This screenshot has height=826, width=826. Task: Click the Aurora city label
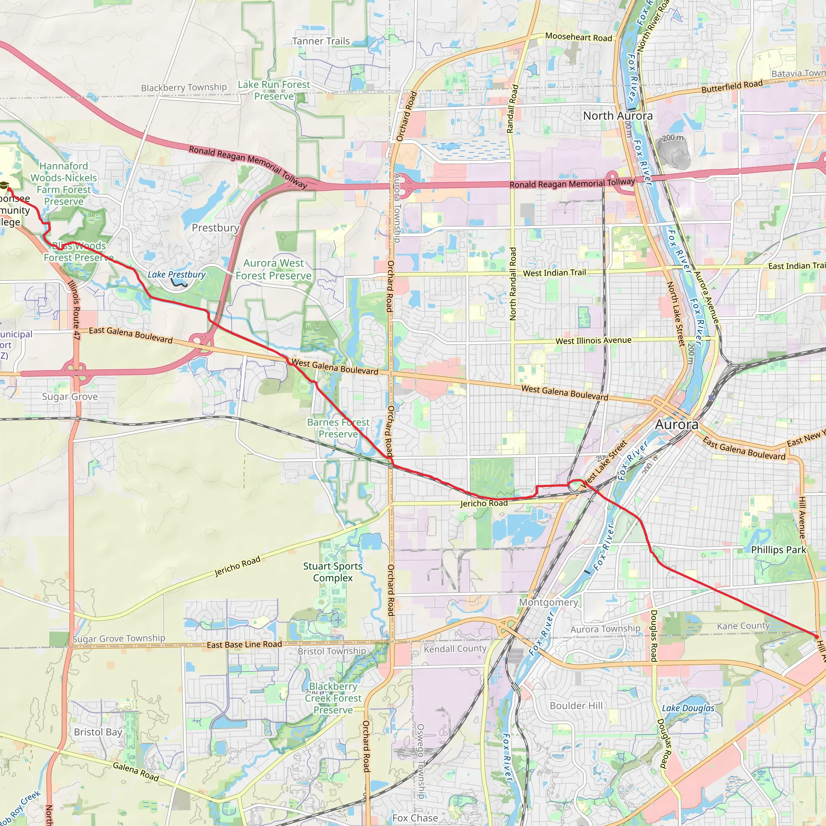tap(676, 425)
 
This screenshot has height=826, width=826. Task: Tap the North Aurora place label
tap(617, 116)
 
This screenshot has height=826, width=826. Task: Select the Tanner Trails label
tap(321, 42)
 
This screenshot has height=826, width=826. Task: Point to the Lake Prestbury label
tap(177, 275)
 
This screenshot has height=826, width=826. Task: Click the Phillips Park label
tap(778, 550)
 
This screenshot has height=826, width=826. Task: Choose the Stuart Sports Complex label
tap(333, 572)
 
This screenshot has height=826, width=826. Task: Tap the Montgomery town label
tap(549, 603)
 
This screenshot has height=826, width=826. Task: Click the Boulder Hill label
tap(576, 705)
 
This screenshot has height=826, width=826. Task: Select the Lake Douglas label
tap(688, 708)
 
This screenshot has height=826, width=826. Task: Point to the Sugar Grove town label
tap(70, 397)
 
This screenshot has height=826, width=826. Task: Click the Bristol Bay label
tap(98, 732)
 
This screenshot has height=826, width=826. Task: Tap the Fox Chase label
tap(415, 818)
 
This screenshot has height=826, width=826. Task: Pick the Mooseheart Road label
tap(578, 37)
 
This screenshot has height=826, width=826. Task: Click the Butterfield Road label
tap(732, 87)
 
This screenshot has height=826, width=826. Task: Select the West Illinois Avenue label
tap(593, 341)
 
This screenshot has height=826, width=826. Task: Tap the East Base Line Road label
tap(244, 644)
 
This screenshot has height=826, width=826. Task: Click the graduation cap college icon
tap(4, 186)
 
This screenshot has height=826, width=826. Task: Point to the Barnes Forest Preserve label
tap(338, 428)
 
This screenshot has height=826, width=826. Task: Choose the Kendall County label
tap(455, 649)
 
